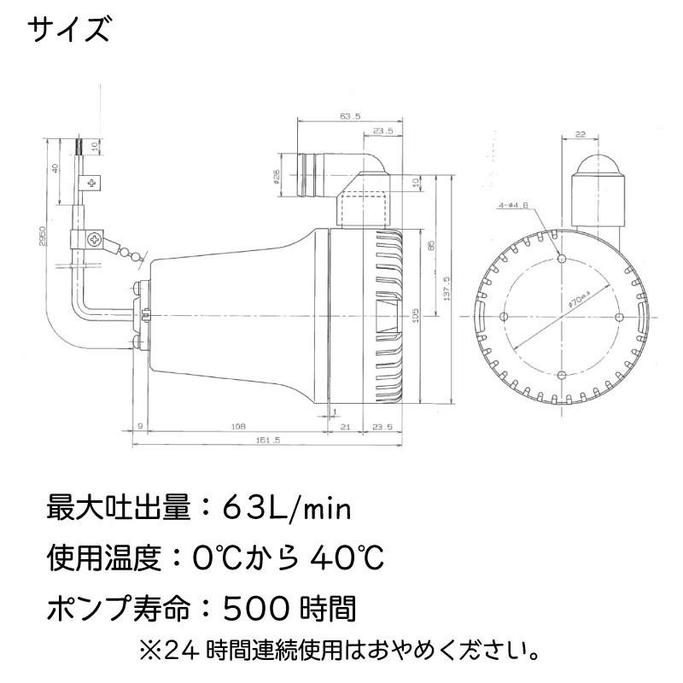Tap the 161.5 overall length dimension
tap(268, 440)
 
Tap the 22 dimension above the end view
tap(604, 135)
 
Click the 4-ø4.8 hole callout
tap(513, 206)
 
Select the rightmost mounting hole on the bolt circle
tap(619, 316)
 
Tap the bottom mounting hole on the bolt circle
tap(561, 374)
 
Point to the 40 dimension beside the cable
tap(55, 168)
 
